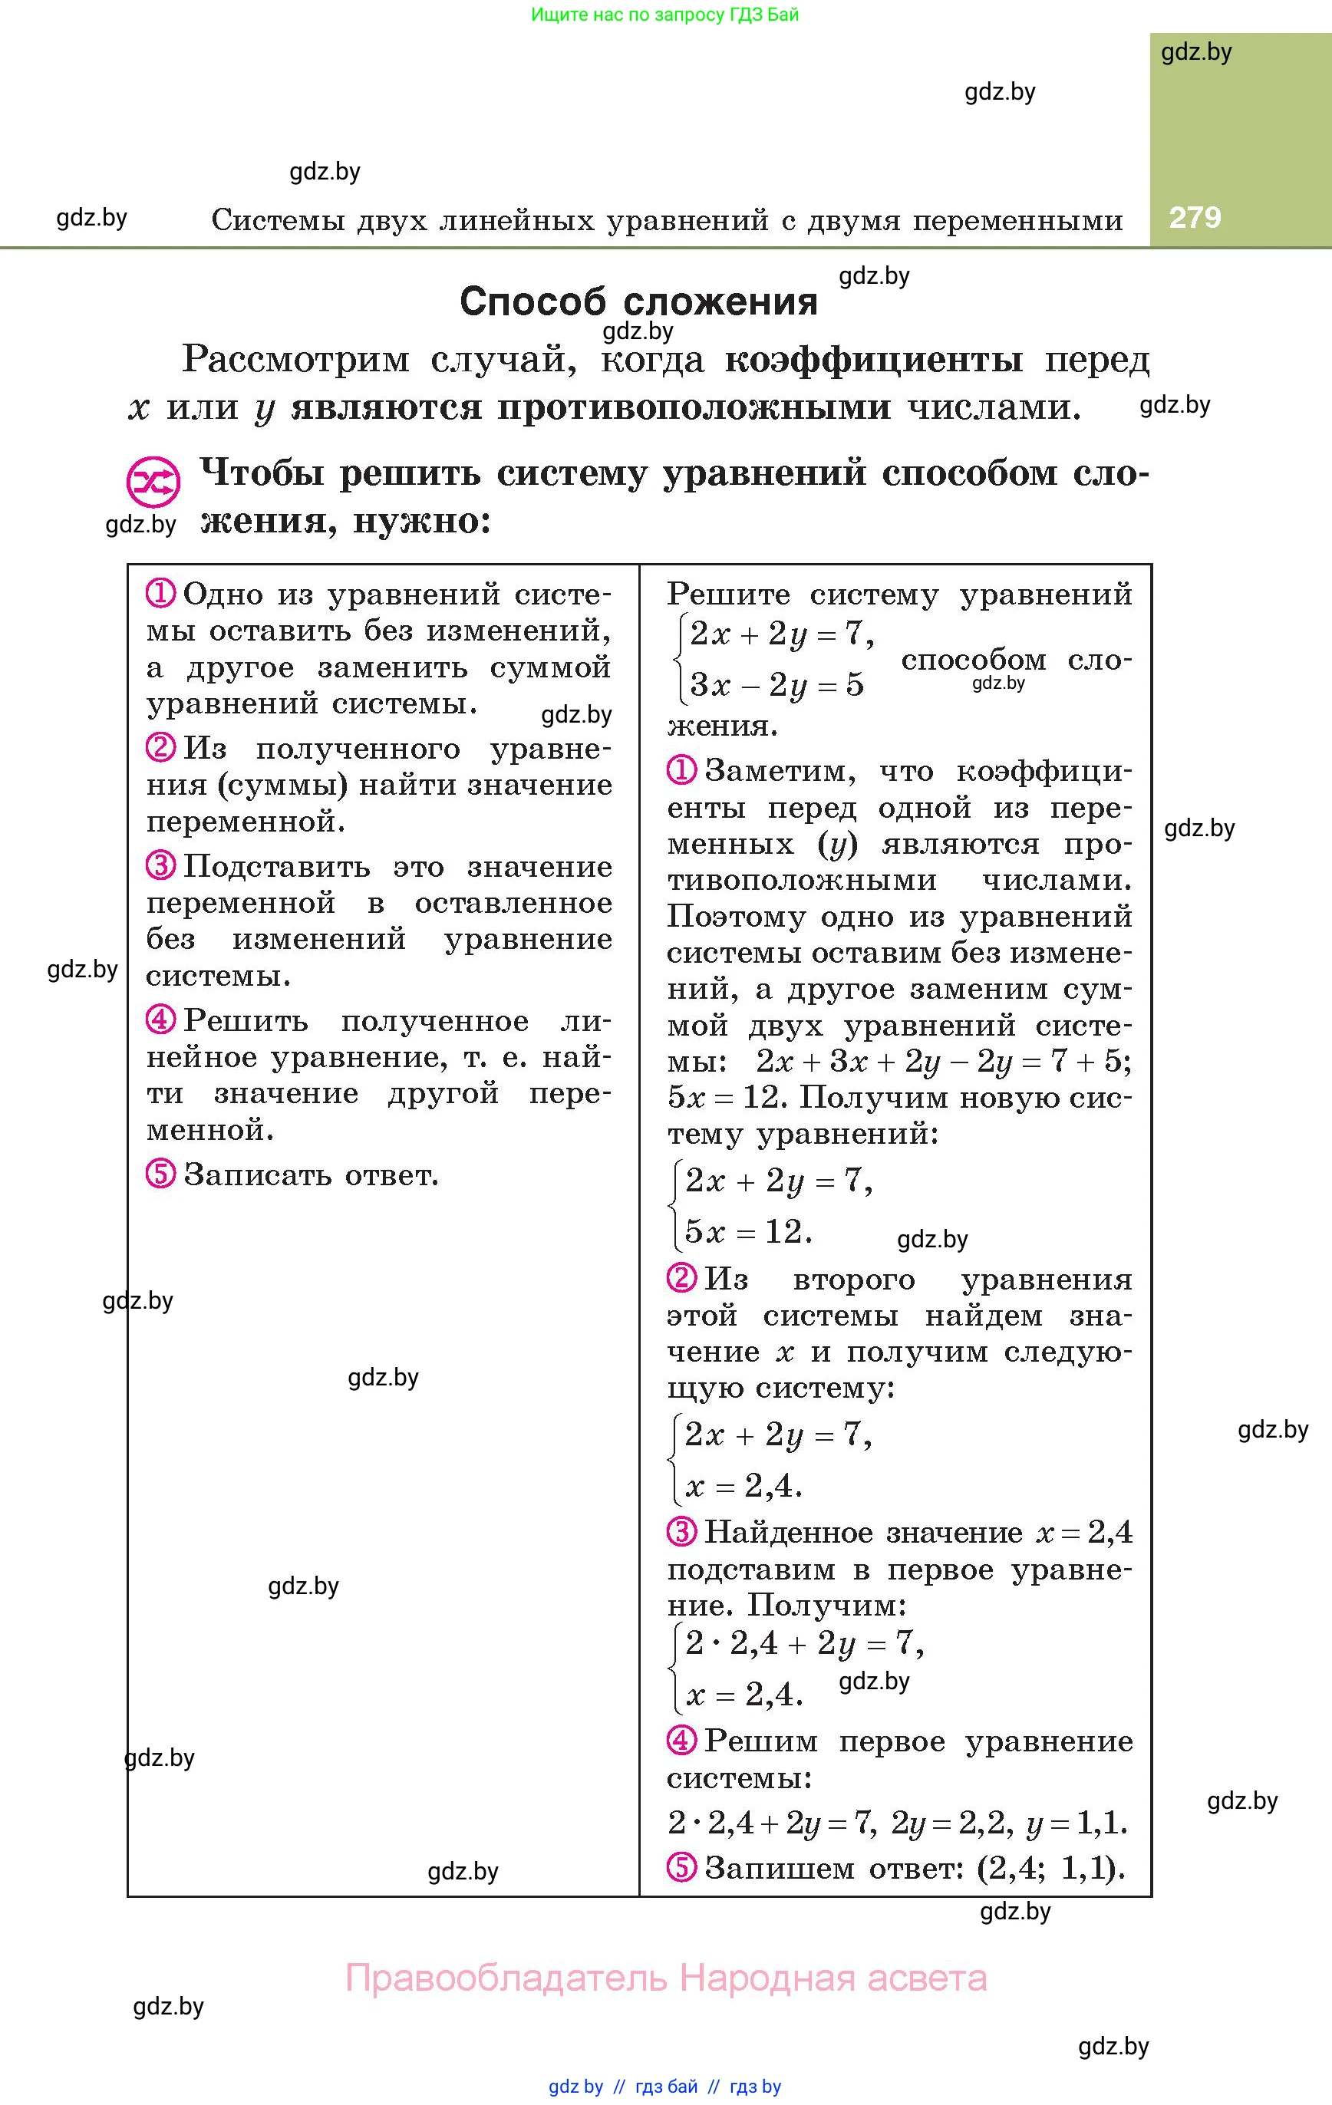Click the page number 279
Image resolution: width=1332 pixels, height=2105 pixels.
coord(1195,218)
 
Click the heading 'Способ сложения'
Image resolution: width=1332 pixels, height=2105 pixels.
coord(638,301)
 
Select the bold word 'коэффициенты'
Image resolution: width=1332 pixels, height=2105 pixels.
coord(874,360)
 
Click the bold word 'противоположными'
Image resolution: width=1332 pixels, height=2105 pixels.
coord(694,408)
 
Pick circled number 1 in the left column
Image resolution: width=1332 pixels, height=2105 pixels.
coord(161,594)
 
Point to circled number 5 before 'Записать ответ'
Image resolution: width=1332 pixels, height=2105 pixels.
coord(161,1173)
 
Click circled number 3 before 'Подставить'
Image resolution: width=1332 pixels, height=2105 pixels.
coord(161,865)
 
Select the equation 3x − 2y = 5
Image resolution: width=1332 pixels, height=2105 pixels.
coord(776,685)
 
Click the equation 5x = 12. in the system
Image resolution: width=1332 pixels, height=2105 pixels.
coord(748,1232)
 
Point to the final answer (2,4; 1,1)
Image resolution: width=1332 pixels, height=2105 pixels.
coord(1050,1868)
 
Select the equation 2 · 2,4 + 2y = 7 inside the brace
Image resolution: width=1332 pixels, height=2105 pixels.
coord(804,1644)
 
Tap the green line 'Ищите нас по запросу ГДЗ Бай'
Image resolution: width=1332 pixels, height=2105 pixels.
coord(664,15)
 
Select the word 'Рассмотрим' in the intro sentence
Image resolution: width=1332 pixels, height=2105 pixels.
coord(295,360)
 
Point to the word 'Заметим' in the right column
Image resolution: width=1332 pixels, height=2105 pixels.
coord(775,771)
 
